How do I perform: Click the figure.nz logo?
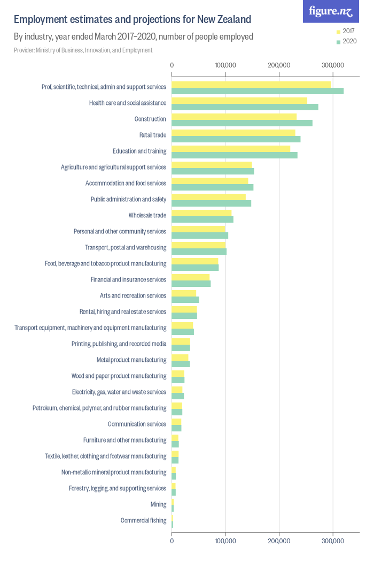(331, 11)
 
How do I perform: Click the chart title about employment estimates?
(132, 20)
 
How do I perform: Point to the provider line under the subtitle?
(83, 50)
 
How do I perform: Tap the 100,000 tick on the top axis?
(225, 65)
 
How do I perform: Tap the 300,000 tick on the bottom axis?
(333, 542)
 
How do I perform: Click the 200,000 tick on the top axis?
(279, 65)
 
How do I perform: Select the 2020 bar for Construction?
(241, 123)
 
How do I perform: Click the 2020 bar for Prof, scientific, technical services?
(257, 91)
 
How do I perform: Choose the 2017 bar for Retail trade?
(233, 132)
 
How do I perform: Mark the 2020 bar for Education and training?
(234, 155)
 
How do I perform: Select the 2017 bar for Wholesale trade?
(201, 212)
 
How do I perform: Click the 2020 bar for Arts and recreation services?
(185, 300)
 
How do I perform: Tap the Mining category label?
(158, 504)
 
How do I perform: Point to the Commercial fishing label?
(143, 520)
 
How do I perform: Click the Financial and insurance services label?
(128, 279)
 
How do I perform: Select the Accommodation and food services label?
(126, 183)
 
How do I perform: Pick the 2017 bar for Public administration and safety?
(208, 196)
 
